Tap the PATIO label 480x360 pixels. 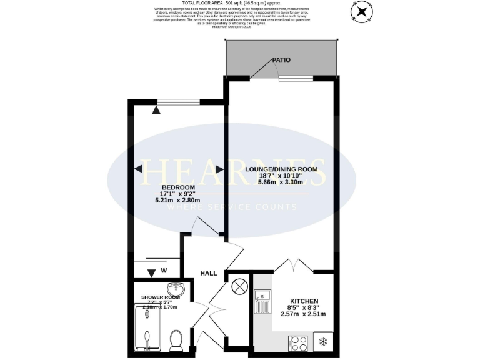tap(281, 60)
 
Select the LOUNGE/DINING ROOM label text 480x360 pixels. tap(281, 169)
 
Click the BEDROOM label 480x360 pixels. tap(178, 187)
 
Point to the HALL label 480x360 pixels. tap(208, 273)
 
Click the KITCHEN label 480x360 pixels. tap(304, 301)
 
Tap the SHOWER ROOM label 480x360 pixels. tap(159, 297)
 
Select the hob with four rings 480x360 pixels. tap(297, 342)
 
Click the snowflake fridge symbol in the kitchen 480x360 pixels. tap(323, 342)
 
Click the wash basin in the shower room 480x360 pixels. tap(180, 289)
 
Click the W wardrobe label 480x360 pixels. tap(164, 271)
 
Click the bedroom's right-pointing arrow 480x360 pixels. tap(219, 169)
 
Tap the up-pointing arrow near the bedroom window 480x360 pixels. tap(156, 110)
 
